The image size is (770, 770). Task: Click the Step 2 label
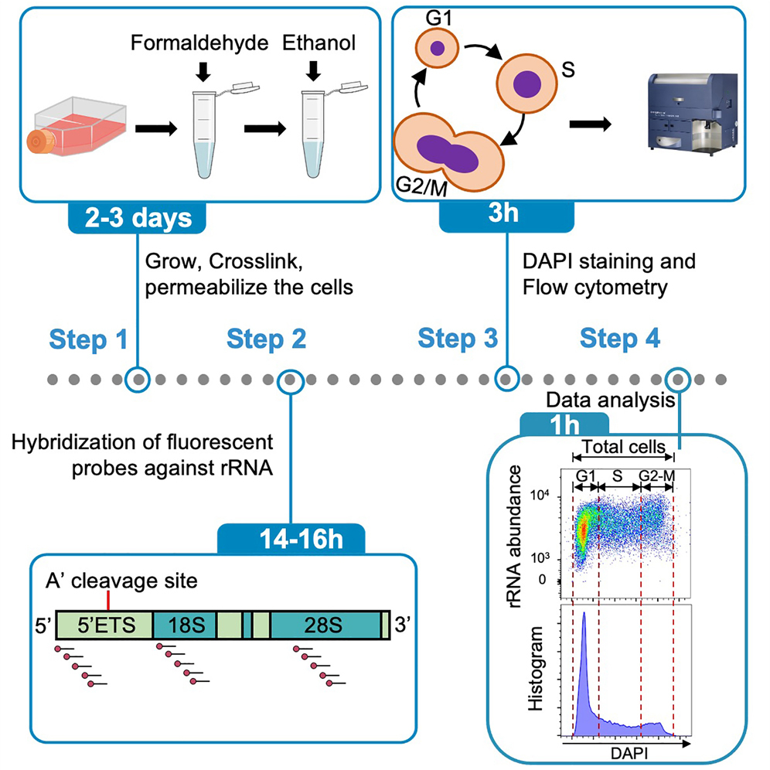[267, 339]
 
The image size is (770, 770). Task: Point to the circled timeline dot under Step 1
[138, 380]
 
